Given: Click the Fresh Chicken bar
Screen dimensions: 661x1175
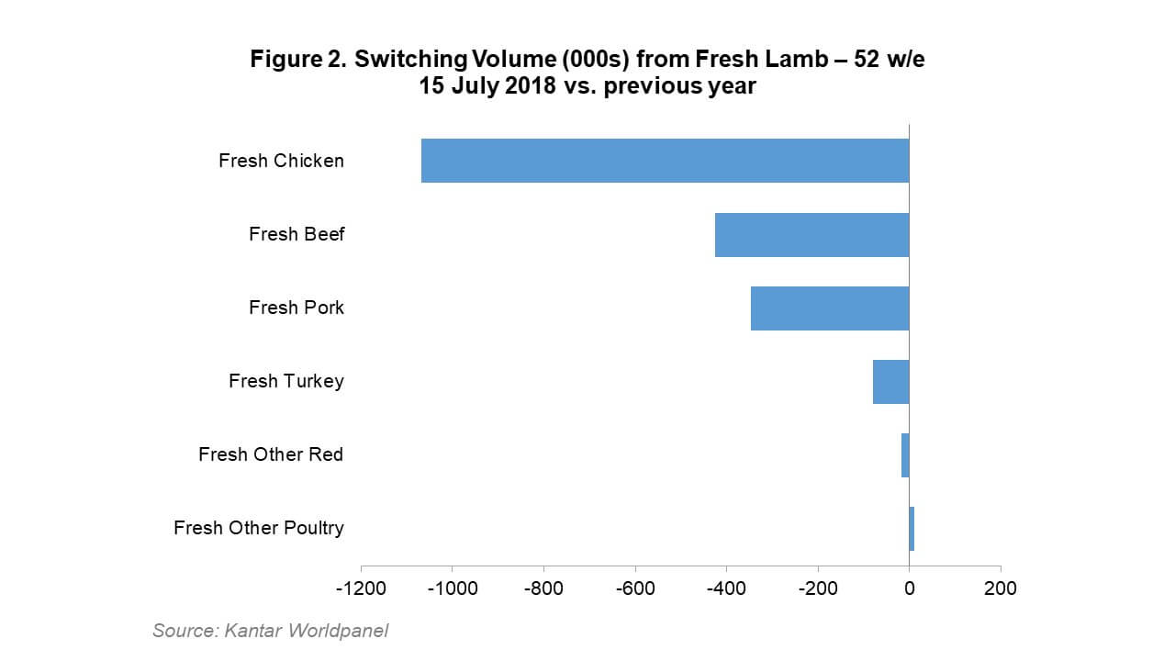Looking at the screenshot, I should (x=665, y=161).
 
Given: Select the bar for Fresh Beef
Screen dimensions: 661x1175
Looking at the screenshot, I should (x=811, y=234).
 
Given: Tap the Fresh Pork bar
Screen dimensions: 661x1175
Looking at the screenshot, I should (x=830, y=308).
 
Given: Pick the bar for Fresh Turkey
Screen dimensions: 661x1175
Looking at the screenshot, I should (x=890, y=381).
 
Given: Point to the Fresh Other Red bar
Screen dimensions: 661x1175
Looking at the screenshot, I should (x=905, y=454).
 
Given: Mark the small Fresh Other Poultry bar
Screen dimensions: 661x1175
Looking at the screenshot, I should (x=912, y=528).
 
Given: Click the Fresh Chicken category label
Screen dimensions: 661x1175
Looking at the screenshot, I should (x=281, y=161).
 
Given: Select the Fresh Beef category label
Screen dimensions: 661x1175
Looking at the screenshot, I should (x=297, y=234).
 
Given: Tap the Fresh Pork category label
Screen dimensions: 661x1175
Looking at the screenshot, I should (x=297, y=308).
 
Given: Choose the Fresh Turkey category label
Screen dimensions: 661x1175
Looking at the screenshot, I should (x=286, y=381).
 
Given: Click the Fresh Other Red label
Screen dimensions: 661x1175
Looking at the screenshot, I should (x=271, y=454).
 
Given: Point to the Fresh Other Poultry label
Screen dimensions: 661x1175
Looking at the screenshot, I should (x=259, y=528).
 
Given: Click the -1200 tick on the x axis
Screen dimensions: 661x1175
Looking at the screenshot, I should (x=361, y=588).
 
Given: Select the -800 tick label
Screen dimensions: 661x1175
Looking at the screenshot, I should (x=543, y=588).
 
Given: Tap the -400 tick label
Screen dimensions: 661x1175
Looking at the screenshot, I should (x=726, y=588).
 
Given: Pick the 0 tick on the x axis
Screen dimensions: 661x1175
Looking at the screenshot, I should (x=909, y=588).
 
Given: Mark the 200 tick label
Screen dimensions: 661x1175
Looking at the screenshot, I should (x=1001, y=588).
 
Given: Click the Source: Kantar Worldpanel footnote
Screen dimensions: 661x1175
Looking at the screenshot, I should (x=270, y=631).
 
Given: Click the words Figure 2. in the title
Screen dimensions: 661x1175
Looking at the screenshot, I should (x=297, y=61).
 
